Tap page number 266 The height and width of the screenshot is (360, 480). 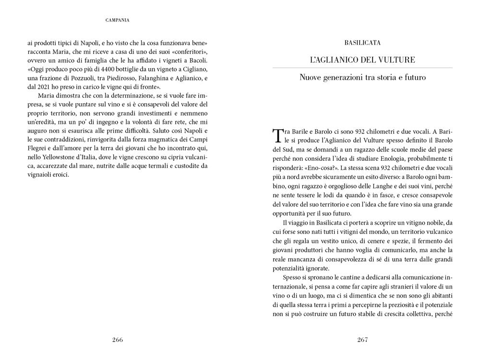[118, 340]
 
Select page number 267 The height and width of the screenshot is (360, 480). [362, 340]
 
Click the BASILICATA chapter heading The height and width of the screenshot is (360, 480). [362, 43]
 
